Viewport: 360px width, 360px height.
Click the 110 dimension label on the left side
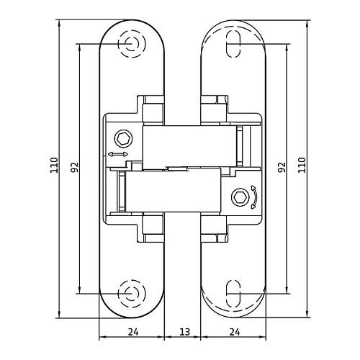click(x=54, y=165)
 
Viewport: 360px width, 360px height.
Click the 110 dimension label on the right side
click(x=302, y=165)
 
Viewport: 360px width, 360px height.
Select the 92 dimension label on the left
click(x=74, y=167)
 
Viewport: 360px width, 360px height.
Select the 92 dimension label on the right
click(x=282, y=167)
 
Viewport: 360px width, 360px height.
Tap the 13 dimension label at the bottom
click(x=185, y=332)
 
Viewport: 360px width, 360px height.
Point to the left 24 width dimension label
click(x=133, y=332)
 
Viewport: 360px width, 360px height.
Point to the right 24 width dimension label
click(x=235, y=332)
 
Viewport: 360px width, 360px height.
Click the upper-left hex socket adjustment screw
click(x=124, y=139)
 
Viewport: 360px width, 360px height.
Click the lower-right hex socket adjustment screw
click(x=240, y=197)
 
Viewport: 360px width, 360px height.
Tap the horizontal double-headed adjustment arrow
click(x=118, y=154)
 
